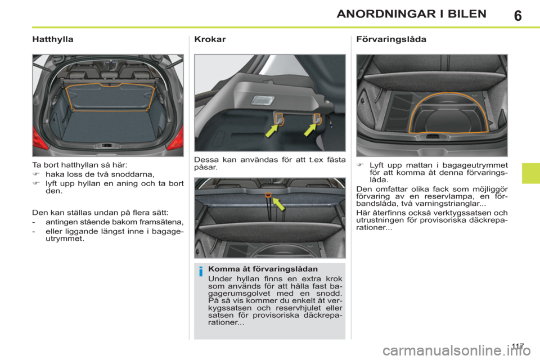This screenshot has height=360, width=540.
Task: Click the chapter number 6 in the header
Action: point(517,15)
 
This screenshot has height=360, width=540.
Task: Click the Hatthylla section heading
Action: point(53,40)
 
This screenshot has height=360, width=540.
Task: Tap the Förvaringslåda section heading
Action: point(391,40)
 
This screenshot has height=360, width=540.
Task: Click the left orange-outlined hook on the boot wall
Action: point(279,119)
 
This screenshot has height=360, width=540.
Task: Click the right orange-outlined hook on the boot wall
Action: point(317,118)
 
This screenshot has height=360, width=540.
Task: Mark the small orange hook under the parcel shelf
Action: point(269,195)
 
